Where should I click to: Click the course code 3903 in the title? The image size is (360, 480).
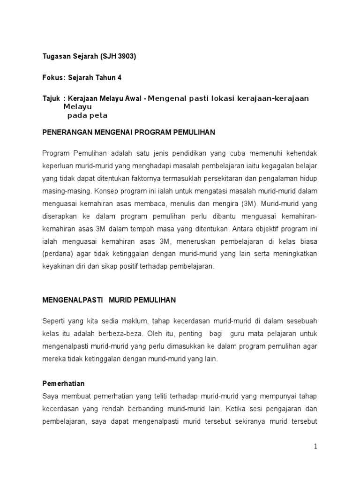pos(126,57)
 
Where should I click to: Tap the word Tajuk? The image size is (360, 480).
pos(51,98)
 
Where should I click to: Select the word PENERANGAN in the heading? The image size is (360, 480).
pos(64,133)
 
